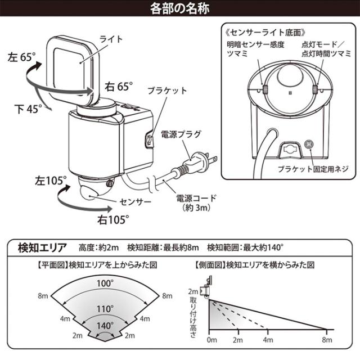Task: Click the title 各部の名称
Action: [179, 9]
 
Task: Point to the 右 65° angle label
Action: [118, 86]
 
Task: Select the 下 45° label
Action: [25, 110]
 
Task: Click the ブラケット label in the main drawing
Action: [166, 90]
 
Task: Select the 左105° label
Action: [49, 181]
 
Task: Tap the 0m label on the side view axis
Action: [211, 340]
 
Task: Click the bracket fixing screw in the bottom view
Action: [309, 145]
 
